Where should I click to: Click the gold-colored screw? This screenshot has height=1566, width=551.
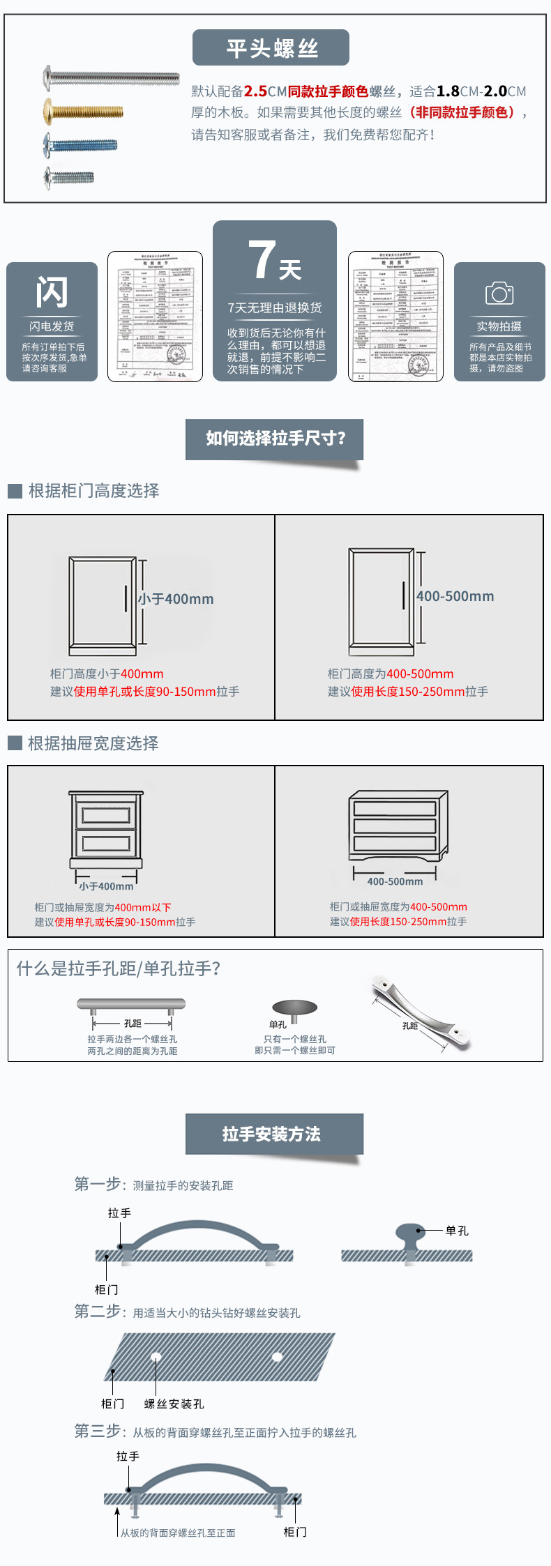click(83, 112)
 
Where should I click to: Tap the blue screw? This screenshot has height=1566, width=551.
click(80, 145)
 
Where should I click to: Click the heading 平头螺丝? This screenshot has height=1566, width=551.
click(271, 48)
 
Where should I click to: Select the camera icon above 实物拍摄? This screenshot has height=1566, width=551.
click(499, 294)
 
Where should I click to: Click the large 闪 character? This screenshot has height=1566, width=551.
click(52, 292)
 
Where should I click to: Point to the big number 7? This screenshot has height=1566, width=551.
click(262, 260)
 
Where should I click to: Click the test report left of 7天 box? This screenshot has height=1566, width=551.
click(155, 317)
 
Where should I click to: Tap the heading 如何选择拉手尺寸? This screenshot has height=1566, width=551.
click(275, 439)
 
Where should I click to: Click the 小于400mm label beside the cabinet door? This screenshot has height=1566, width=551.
click(176, 599)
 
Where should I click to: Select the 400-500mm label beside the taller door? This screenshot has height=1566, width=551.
click(455, 596)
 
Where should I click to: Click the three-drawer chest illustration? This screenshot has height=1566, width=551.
click(398, 827)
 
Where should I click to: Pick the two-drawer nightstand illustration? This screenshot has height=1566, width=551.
click(106, 829)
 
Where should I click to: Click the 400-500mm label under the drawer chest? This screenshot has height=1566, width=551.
click(395, 881)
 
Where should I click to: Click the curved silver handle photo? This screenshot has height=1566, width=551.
click(421, 1012)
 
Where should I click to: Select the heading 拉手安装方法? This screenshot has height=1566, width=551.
click(271, 1134)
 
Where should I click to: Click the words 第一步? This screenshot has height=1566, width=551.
click(98, 1184)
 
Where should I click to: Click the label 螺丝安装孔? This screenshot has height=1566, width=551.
click(174, 1404)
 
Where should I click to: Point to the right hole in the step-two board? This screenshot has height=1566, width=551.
click(277, 1357)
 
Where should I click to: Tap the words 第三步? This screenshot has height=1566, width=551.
click(98, 1431)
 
